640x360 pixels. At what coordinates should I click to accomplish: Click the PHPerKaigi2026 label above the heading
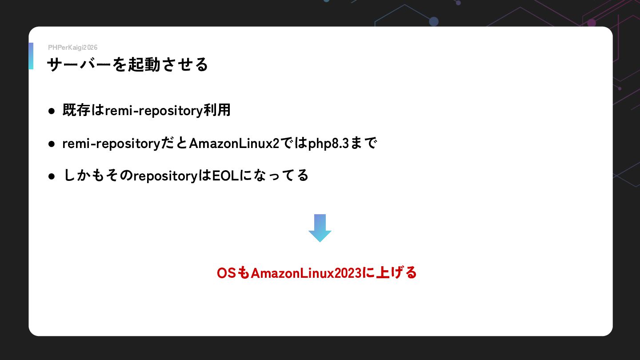[72, 48]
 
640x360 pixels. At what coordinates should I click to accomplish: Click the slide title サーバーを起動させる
[128, 65]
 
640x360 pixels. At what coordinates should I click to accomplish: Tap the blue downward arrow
[320, 228]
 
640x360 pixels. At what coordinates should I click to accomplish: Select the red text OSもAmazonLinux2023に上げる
[316, 272]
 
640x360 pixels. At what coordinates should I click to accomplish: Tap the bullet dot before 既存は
[52, 111]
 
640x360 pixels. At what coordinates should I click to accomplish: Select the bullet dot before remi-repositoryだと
[52, 144]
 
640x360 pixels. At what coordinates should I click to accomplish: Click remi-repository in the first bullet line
[154, 111]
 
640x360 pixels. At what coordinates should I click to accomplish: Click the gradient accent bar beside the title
[31, 56]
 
